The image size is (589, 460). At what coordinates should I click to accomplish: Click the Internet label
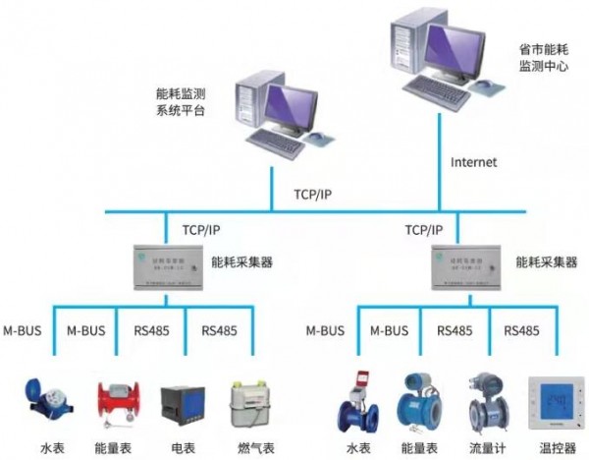pyautogui.click(x=473, y=161)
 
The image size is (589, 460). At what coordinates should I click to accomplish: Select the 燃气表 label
pyautogui.click(x=245, y=447)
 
